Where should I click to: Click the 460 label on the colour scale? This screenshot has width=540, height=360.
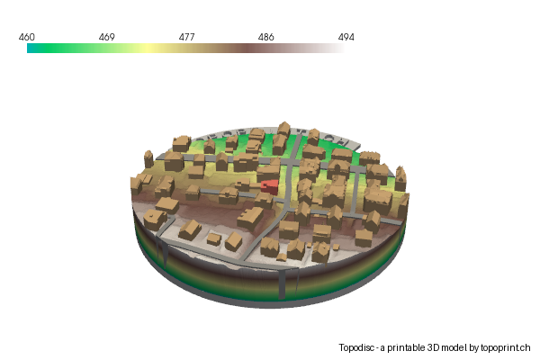[27, 37]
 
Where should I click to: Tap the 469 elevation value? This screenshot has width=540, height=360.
[106, 37]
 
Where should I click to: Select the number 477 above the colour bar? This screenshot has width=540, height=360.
[186, 37]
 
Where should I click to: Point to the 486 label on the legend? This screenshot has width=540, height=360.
[266, 37]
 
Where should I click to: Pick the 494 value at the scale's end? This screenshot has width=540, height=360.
[346, 37]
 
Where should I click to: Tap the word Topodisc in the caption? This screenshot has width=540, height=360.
[358, 347]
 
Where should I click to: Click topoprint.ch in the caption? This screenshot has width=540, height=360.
[506, 347]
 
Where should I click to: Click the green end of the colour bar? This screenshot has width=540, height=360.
[32, 49]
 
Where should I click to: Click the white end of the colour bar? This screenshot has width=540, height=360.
[340, 49]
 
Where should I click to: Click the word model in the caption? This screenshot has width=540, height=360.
[454, 347]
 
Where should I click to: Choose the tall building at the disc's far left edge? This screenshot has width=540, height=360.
[148, 159]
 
